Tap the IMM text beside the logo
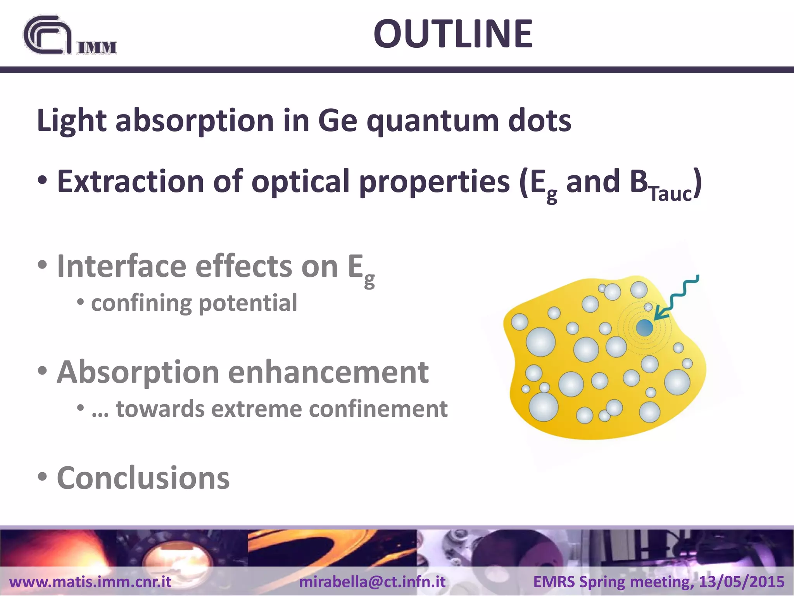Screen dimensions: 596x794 (97, 47)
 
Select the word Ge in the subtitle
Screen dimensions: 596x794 (337, 121)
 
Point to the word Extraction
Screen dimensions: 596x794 (130, 181)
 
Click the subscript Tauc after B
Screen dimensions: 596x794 (670, 194)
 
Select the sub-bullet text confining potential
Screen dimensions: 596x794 (194, 303)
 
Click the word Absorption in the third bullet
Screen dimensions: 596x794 (138, 372)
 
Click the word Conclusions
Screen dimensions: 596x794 (143, 478)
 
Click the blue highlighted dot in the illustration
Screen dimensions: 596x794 (644, 328)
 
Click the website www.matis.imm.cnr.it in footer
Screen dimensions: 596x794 (90, 582)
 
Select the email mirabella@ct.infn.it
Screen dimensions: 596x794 (372, 582)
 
